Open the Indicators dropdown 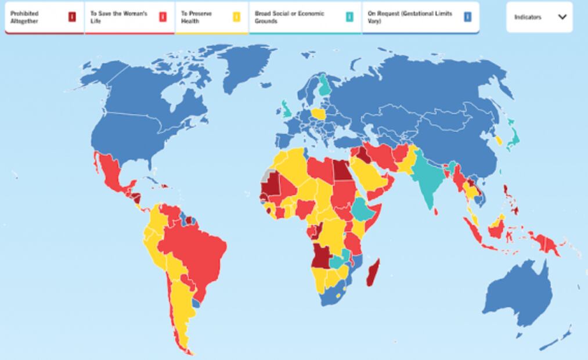click(x=539, y=17)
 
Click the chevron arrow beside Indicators click(x=562, y=17)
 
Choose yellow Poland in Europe click(x=318, y=113)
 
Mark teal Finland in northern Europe click(x=324, y=87)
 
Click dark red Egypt click(x=341, y=170)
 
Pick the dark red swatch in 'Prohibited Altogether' click(x=72, y=17)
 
